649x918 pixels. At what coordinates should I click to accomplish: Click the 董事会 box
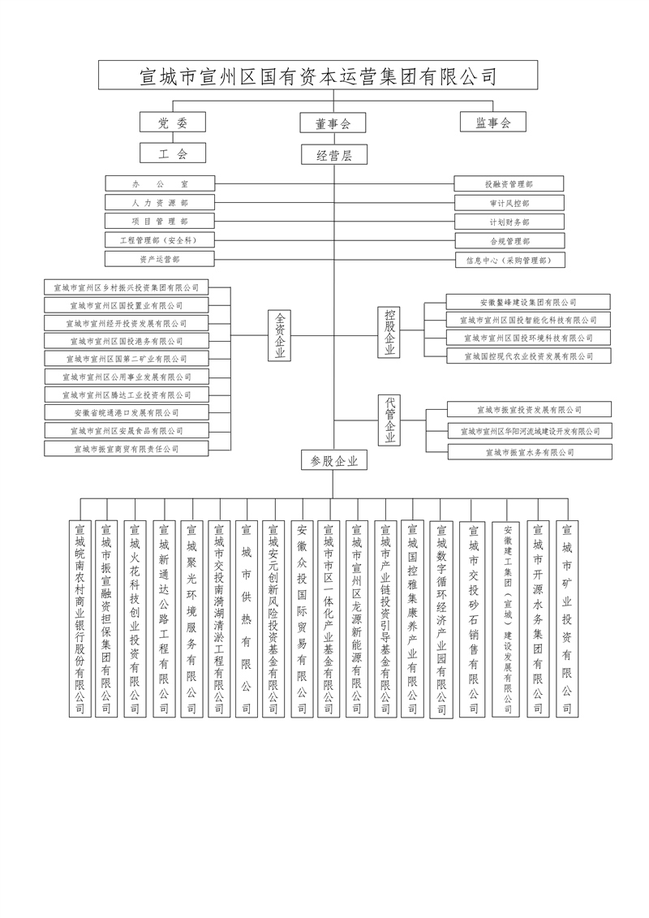(x=333, y=123)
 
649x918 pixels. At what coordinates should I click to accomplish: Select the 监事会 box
(x=493, y=122)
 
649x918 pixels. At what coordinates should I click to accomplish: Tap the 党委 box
(x=173, y=122)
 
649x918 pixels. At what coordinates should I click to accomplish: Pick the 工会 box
(x=173, y=153)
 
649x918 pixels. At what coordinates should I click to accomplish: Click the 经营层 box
(x=333, y=154)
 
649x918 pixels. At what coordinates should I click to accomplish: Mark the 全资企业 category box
(x=281, y=335)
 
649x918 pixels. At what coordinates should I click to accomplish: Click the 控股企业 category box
(x=390, y=332)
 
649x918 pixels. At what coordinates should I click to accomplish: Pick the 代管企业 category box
(x=390, y=419)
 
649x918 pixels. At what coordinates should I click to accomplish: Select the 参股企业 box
(x=333, y=460)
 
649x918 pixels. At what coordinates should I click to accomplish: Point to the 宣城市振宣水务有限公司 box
(x=530, y=452)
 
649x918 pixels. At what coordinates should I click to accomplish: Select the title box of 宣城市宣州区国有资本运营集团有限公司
(x=318, y=76)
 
